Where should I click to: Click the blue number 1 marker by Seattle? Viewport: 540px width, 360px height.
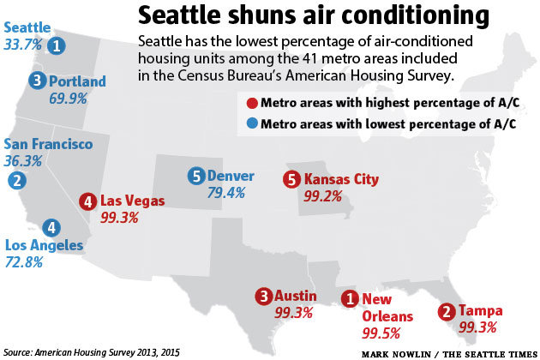pos(57,45)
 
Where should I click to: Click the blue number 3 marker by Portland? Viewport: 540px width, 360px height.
pos(37,80)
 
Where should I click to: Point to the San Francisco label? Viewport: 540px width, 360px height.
pos(48,144)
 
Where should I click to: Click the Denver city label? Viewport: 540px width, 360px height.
pos(231,177)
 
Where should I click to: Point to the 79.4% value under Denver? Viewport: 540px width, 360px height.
pos(227,193)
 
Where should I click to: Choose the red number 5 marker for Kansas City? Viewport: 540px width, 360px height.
pos(291,180)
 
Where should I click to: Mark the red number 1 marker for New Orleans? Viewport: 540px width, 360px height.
pos(349,299)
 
